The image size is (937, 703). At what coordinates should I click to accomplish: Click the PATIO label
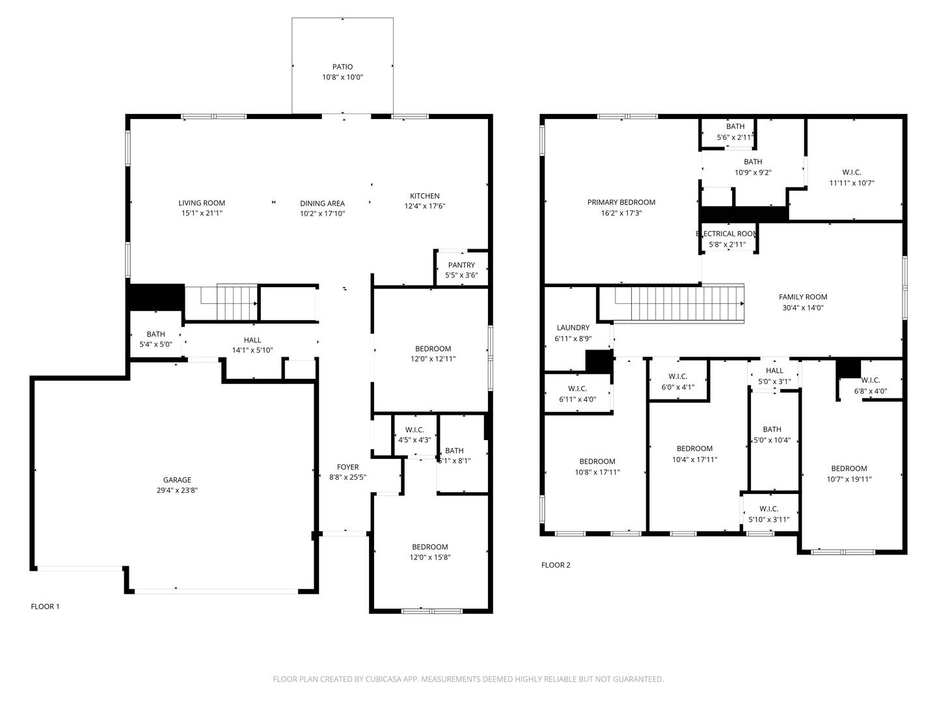coord(342,66)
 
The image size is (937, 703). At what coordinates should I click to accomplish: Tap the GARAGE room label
coord(177,480)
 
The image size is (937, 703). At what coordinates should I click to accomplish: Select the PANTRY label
coord(461,265)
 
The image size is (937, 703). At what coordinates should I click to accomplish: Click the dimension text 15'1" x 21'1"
coord(202,213)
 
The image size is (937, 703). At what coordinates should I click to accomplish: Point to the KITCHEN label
coord(424,196)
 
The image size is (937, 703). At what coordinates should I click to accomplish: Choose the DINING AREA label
coord(322,204)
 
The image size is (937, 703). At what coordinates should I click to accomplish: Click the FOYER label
coord(347,467)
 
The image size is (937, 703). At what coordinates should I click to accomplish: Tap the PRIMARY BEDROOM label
coord(621,202)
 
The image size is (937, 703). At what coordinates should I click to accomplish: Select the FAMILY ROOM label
coord(802,297)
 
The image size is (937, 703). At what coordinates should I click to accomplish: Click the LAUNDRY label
coord(573,328)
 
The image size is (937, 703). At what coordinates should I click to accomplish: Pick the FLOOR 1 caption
coord(45,607)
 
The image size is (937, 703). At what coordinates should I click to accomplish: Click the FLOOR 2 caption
coord(556,565)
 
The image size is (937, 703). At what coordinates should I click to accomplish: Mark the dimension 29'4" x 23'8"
coord(177,490)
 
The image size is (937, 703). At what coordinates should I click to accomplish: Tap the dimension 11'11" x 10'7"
coord(852,183)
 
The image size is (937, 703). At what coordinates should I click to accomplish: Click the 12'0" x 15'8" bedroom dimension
coord(430,557)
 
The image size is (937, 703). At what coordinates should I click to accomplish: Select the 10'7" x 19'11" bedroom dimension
coord(849,479)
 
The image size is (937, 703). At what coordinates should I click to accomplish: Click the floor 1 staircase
coord(222,303)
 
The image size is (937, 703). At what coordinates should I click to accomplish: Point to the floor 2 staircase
coord(672,303)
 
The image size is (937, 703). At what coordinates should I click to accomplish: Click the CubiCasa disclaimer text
coord(468,679)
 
